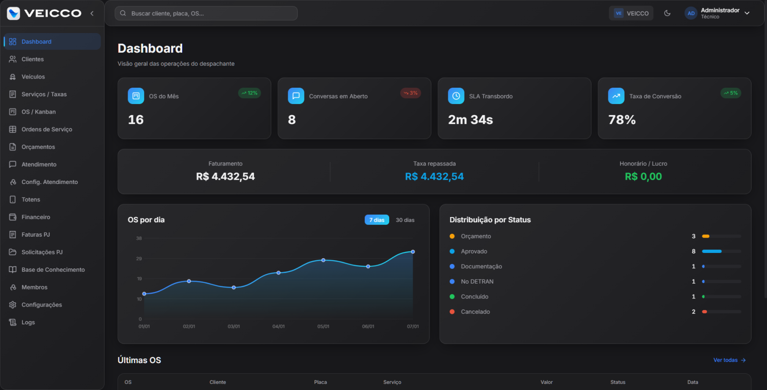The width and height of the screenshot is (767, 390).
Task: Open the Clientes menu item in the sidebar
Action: [x=33, y=59]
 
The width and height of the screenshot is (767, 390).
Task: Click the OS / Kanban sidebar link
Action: [x=38, y=112]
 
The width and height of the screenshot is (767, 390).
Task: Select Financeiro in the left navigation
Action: [x=35, y=217]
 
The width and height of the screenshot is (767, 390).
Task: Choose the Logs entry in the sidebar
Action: [x=28, y=322]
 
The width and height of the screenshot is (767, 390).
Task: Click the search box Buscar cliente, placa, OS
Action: [x=206, y=13]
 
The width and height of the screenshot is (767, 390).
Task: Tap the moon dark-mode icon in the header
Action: [x=667, y=13]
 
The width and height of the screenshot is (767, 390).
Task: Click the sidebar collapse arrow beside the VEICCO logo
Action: [x=92, y=13]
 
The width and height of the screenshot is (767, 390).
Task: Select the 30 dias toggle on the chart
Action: [x=405, y=220]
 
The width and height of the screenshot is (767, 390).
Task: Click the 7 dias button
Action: [x=377, y=220]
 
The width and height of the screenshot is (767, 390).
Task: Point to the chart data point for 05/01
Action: [x=323, y=260]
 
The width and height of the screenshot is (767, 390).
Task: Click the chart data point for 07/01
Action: [x=413, y=252]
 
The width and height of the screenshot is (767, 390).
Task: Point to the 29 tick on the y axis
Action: [x=139, y=259]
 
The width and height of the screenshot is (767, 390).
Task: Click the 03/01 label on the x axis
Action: [x=233, y=326]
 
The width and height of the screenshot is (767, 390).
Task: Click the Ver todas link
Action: [x=729, y=360]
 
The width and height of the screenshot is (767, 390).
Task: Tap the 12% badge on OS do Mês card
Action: [x=249, y=93]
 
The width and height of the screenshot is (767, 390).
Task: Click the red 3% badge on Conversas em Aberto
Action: [x=410, y=93]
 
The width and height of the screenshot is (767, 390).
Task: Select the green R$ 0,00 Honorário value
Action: [x=643, y=176]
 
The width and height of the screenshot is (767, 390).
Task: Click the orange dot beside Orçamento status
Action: [x=452, y=236]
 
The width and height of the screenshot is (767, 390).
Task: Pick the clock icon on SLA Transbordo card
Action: [x=456, y=96]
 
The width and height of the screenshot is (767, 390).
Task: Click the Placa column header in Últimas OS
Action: [x=321, y=382]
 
